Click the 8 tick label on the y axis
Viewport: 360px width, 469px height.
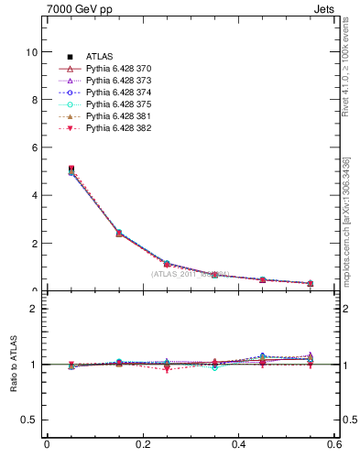point(33,100)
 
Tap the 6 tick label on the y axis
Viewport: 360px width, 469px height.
point(33,147)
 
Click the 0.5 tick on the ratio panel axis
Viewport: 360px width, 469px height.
point(29,420)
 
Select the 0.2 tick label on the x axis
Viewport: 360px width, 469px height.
point(142,445)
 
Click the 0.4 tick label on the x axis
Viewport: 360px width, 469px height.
point(238,445)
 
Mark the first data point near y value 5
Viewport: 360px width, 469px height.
point(47,169)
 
